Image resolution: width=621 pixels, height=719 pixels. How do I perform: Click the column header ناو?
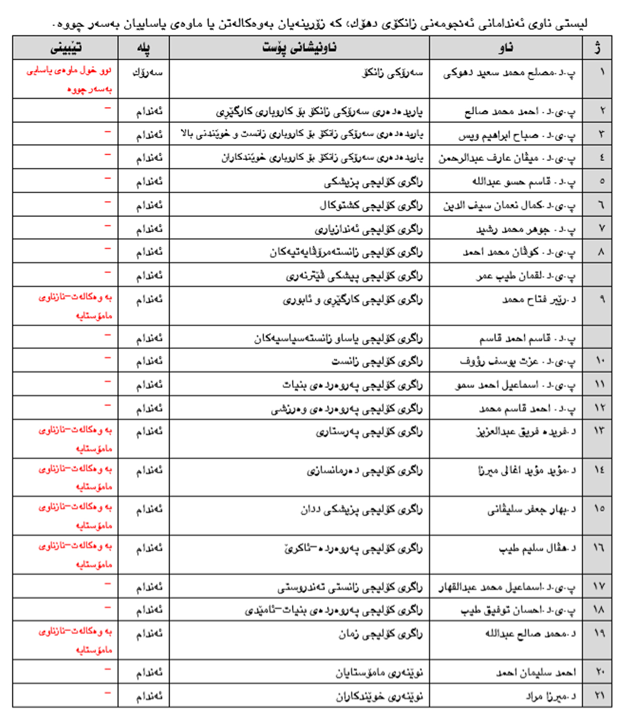pos(506,48)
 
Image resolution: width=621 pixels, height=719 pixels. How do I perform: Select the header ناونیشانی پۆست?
pos(299,48)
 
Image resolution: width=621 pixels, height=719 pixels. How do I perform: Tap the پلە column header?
pos(143,48)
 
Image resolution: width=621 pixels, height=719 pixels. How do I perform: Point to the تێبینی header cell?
pos(66,48)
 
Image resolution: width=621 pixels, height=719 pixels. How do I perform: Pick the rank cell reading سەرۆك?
pos(147,72)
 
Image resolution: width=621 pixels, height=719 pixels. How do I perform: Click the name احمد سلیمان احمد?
pos(536,672)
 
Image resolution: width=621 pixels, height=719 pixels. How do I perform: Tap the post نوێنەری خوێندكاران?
pos(379,697)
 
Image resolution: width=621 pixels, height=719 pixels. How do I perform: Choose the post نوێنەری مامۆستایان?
pos(379,673)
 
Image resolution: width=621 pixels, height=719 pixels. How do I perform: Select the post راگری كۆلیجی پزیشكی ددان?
pos(361,510)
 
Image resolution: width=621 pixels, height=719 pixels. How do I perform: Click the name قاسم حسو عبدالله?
pos(523,182)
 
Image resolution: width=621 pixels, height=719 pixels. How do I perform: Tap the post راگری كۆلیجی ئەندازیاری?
pos(368,229)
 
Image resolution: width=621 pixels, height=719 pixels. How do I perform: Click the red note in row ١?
pos(69,79)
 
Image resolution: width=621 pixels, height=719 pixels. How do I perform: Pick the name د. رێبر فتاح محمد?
pos(539,300)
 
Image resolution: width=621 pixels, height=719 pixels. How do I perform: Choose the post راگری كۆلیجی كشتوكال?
pos(371,206)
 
